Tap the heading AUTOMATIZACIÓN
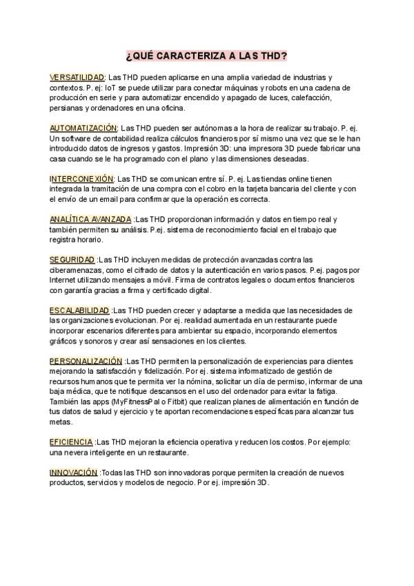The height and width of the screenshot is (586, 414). [x=83, y=129]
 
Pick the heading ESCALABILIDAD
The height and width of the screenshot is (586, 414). [x=79, y=311]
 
